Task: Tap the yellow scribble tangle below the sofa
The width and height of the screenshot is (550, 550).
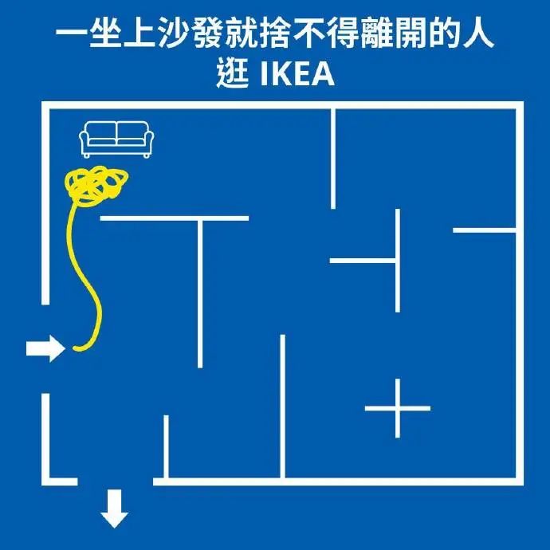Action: tap(95, 185)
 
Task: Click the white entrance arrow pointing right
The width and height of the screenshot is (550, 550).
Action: tap(45, 348)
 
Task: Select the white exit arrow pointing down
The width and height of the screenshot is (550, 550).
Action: tap(115, 509)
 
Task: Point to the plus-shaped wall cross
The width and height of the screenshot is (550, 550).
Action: tap(397, 408)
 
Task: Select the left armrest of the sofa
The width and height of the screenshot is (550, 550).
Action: tap(84, 142)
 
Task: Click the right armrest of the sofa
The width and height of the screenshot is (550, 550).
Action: tap(147, 142)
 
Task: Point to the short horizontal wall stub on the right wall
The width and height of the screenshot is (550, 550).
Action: tap(485, 231)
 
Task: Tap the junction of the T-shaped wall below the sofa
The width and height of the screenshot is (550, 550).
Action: tap(198, 218)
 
